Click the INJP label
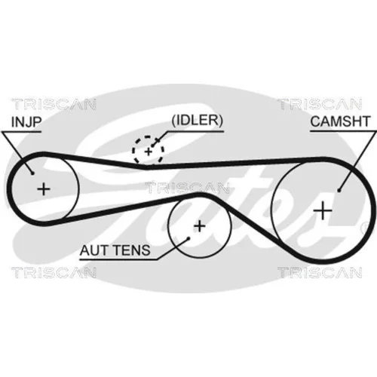[x=26, y=122]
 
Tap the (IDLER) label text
[x=198, y=121]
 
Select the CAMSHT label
[x=340, y=121]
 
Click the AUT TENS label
[x=115, y=250]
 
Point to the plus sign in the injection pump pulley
[x=44, y=189]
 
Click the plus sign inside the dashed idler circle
[x=149, y=152]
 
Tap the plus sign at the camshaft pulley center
[x=323, y=210]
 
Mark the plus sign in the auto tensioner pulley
[x=200, y=226]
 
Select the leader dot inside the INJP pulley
[x=32, y=173]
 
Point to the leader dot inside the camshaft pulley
[x=339, y=191]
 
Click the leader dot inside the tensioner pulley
[x=188, y=238]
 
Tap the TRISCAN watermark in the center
[x=188, y=188]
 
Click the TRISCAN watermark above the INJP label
[x=54, y=104]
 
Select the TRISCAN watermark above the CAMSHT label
[x=320, y=104]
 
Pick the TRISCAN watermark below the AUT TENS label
[x=54, y=273]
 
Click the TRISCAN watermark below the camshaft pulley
[x=320, y=273]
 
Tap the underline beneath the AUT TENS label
[x=118, y=259]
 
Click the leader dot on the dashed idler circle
[x=152, y=146]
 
